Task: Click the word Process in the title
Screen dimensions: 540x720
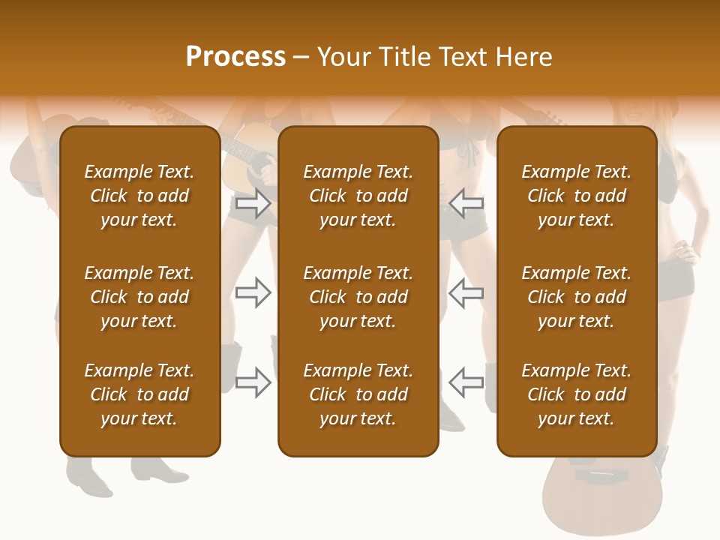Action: (x=235, y=57)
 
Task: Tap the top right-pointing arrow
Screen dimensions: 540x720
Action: (x=253, y=202)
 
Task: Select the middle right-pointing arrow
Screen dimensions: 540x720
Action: (x=253, y=292)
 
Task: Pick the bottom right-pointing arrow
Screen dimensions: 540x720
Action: (x=253, y=382)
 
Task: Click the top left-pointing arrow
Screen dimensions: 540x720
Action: (x=466, y=202)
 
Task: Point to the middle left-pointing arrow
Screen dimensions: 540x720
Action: (x=466, y=292)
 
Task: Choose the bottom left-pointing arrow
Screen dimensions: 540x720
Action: (x=466, y=382)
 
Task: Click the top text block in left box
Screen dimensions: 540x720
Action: (x=139, y=196)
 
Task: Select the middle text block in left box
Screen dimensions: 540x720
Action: (x=139, y=297)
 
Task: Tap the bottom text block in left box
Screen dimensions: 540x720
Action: (x=139, y=394)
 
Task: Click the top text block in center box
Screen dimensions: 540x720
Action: (x=358, y=196)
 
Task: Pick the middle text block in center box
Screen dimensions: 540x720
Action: (x=358, y=297)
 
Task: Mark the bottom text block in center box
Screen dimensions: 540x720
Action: (x=358, y=394)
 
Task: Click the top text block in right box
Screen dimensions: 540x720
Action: (x=576, y=196)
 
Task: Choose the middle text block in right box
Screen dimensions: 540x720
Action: (x=576, y=297)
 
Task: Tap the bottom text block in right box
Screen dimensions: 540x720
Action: (x=576, y=394)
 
